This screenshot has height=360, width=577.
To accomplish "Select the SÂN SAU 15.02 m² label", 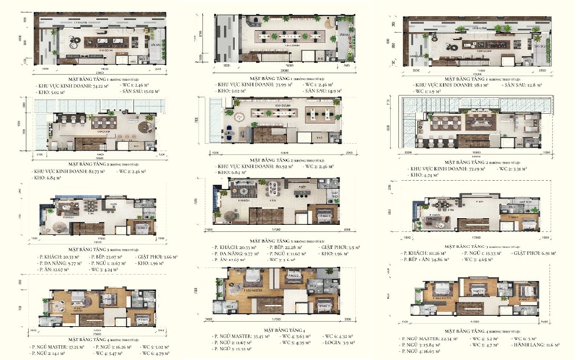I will point(136,92).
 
